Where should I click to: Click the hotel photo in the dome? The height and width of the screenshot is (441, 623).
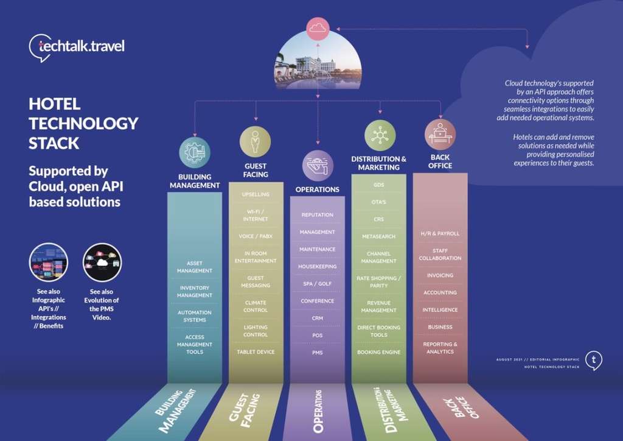(318, 63)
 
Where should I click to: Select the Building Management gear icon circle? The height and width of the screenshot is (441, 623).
(195, 152)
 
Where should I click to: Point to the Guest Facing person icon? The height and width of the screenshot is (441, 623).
(256, 141)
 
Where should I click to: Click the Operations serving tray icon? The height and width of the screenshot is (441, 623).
(318, 166)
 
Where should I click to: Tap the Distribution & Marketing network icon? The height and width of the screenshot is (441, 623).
(380, 135)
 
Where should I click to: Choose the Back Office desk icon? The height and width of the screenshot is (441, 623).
(440, 134)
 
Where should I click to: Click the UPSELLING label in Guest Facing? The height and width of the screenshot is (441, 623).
(256, 195)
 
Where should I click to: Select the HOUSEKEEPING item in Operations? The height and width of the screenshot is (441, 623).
(318, 267)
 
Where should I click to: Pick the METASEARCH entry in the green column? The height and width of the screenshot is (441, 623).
(379, 236)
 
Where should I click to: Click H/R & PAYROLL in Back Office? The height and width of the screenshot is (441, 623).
(440, 233)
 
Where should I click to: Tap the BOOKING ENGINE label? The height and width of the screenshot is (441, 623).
(379, 352)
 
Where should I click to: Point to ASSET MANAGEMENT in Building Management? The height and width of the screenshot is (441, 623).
(195, 267)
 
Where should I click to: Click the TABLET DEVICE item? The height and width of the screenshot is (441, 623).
(256, 352)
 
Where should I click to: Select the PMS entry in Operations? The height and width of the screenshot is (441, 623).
(318, 353)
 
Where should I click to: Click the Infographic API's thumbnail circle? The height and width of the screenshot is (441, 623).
(49, 262)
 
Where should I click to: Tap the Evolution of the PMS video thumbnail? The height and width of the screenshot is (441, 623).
(102, 262)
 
